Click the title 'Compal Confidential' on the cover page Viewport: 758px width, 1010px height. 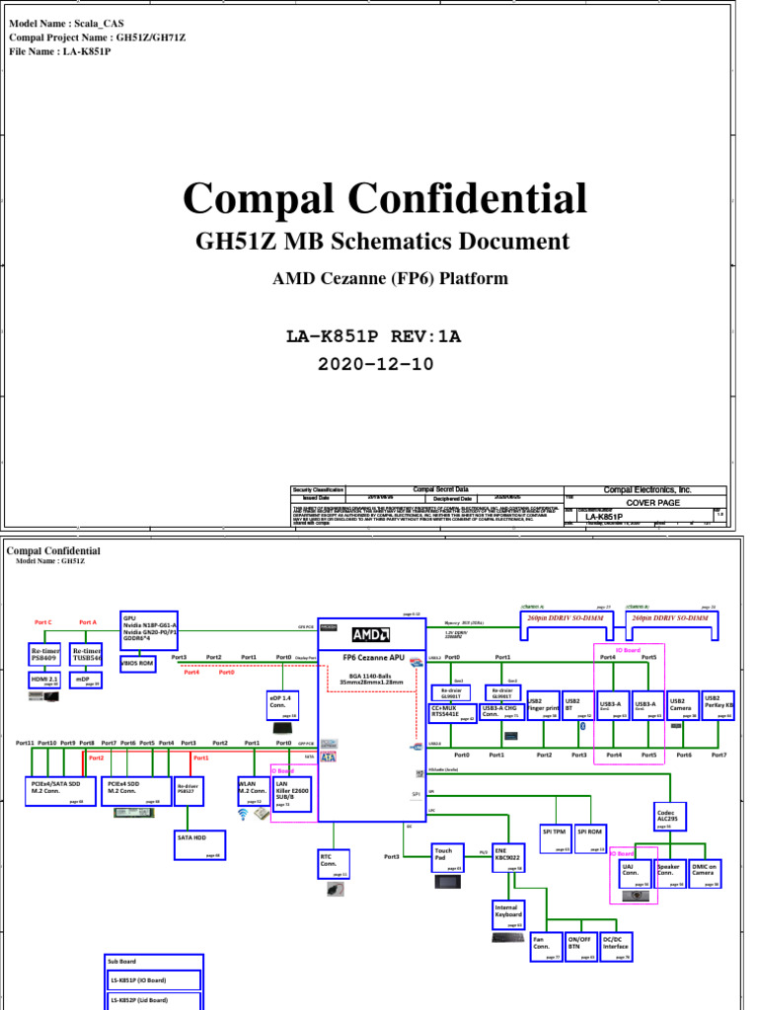(385, 199)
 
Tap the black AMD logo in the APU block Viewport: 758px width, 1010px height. (370, 634)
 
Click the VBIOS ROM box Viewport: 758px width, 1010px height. (138, 663)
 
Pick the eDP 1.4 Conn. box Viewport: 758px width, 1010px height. (282, 706)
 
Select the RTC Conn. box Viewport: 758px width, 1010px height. (334, 863)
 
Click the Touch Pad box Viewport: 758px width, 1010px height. (448, 857)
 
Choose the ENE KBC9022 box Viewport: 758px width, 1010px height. (508, 857)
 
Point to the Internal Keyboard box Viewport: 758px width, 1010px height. (508, 913)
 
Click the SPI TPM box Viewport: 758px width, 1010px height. (558, 836)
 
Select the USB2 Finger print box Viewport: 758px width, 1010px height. (544, 706)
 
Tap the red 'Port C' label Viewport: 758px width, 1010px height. (43, 622)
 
